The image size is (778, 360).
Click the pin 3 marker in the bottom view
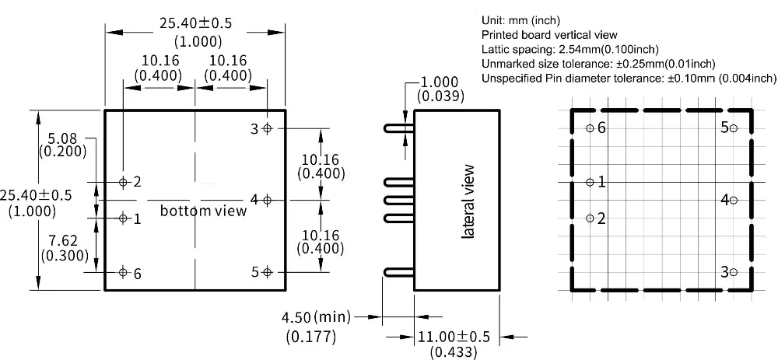[x=267, y=128]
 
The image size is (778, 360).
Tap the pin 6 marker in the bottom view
[x=123, y=272]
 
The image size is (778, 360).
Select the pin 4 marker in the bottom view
[x=267, y=200]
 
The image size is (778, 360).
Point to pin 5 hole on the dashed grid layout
[x=734, y=128]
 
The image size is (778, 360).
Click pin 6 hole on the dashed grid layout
[x=590, y=128]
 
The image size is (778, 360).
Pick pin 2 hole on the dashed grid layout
[x=590, y=218]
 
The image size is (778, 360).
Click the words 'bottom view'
[x=203, y=211]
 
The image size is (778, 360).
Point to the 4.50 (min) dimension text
[x=315, y=317]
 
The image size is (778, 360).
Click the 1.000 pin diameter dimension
[x=440, y=82]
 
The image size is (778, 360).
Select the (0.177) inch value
[x=310, y=337]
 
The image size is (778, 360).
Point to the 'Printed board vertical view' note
[x=549, y=35]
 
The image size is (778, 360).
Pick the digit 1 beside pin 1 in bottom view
[x=138, y=219]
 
